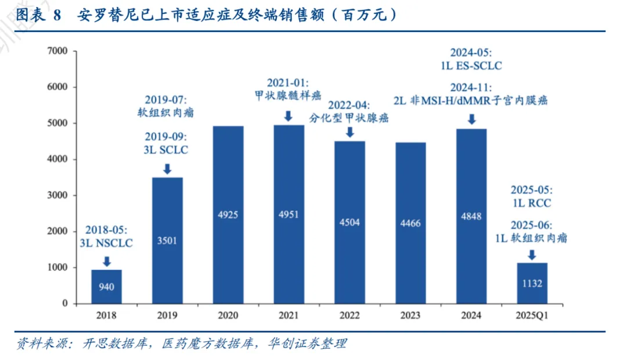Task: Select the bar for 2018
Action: coord(106,286)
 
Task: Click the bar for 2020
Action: coord(228,215)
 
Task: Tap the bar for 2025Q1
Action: coord(532,283)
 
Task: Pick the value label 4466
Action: coord(410,222)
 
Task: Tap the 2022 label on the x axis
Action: coord(349,316)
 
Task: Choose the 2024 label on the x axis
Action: coord(471,316)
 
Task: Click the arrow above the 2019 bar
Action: coord(167,169)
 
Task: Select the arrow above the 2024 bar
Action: coord(471,119)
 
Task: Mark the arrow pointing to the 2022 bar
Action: coord(349,132)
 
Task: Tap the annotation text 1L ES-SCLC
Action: coord(471,65)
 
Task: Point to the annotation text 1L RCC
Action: coord(531,203)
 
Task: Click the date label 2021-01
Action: coord(288,82)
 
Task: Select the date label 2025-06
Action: coord(531,225)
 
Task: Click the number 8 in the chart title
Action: coord(57,16)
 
